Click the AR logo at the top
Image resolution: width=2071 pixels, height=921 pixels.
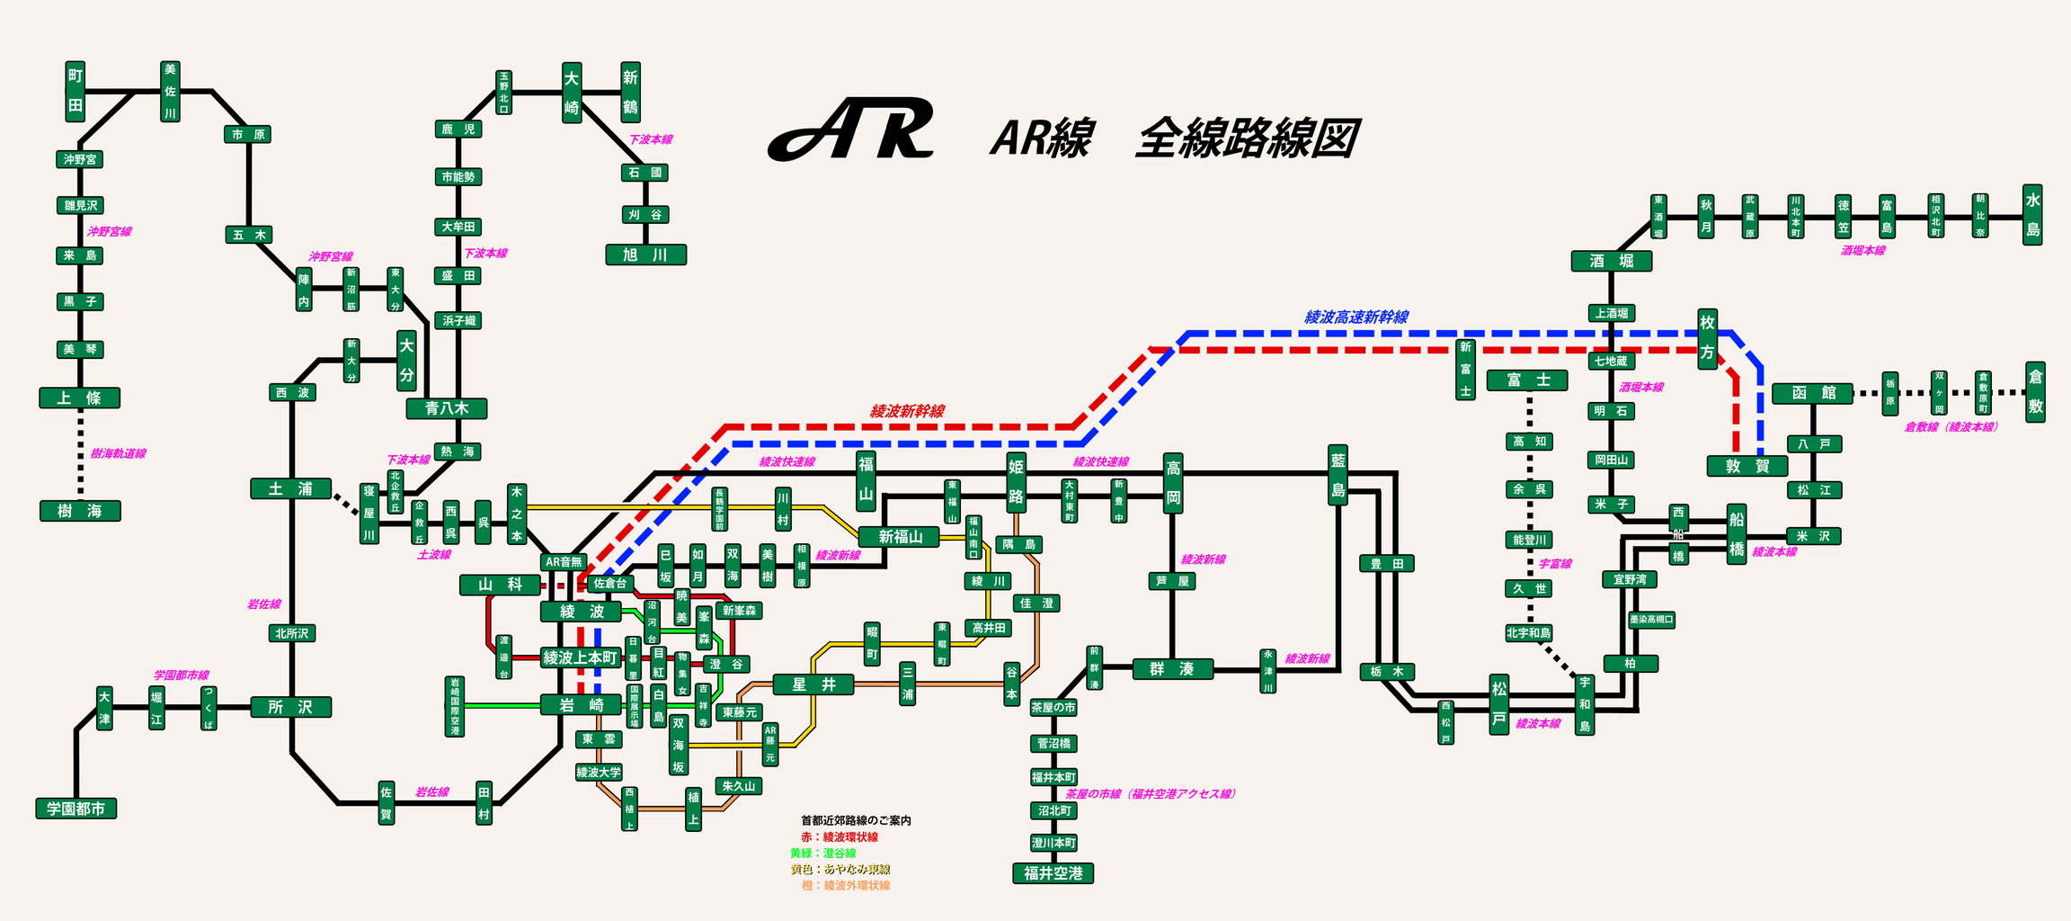[850, 130]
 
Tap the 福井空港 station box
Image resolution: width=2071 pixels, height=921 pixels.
[1053, 872]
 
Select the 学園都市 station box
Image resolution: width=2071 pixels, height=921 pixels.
[76, 809]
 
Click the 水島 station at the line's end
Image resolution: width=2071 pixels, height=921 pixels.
[2032, 215]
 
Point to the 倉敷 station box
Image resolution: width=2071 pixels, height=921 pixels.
[2035, 392]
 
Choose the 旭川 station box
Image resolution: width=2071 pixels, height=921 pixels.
[645, 255]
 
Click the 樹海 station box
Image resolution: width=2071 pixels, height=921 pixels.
[80, 511]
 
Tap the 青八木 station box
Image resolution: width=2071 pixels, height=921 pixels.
[447, 408]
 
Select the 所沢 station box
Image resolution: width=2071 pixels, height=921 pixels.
[290, 707]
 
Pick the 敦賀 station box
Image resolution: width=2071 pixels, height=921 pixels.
[1747, 466]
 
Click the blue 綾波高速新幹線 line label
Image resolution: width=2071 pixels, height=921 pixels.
[1356, 317]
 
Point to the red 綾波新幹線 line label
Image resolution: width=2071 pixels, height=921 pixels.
[907, 411]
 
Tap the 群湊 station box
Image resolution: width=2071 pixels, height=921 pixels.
[1172, 668]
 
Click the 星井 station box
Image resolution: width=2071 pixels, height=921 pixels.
[813, 684]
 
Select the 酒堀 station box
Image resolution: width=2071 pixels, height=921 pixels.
[1611, 261]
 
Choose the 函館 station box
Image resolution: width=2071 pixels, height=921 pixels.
[1812, 393]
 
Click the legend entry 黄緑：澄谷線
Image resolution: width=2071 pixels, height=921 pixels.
[822, 853]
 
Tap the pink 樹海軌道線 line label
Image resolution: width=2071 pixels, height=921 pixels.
[118, 453]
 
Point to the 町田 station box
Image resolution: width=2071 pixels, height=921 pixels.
[76, 91]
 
